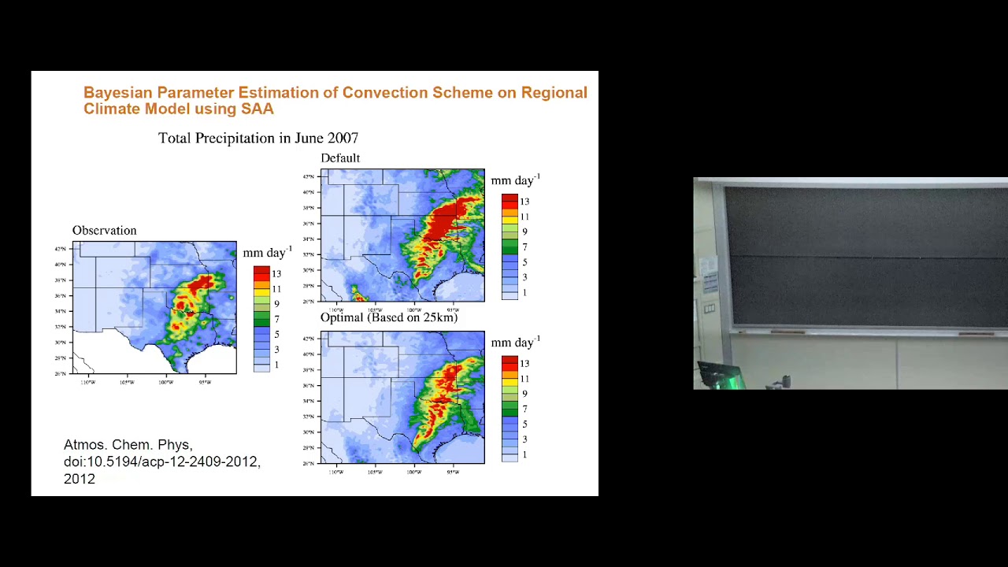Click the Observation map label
[x=104, y=231]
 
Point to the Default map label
[x=340, y=158]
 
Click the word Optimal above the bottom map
[x=342, y=317]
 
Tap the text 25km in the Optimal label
[x=439, y=317]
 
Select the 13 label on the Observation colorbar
[x=276, y=274]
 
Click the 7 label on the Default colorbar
[x=524, y=247]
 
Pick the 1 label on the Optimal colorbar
[x=524, y=455]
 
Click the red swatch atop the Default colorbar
[x=510, y=199]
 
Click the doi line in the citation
[x=161, y=461]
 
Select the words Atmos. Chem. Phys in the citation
[x=128, y=445]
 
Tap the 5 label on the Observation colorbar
[x=276, y=335]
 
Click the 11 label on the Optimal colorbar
[x=524, y=379]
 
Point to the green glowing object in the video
[x=733, y=380]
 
